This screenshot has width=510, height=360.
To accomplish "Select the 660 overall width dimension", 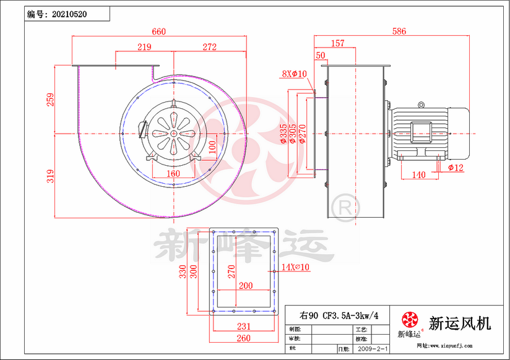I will pyautogui.click(x=160, y=32).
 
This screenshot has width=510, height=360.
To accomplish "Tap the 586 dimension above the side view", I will pyautogui.click(x=399, y=32).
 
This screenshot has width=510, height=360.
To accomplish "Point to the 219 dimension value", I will pyautogui.click(x=144, y=47).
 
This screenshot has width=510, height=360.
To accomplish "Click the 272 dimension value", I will pyautogui.click(x=209, y=47).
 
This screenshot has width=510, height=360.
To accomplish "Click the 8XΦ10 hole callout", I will pyautogui.click(x=294, y=74).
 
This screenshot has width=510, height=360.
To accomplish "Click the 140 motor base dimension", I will pyautogui.click(x=418, y=176).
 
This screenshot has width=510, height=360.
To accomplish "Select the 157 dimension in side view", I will pyautogui.click(x=338, y=43).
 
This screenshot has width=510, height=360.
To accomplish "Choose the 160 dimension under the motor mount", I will pyautogui.click(x=173, y=174).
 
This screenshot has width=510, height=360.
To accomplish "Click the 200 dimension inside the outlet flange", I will pyautogui.click(x=245, y=286).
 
